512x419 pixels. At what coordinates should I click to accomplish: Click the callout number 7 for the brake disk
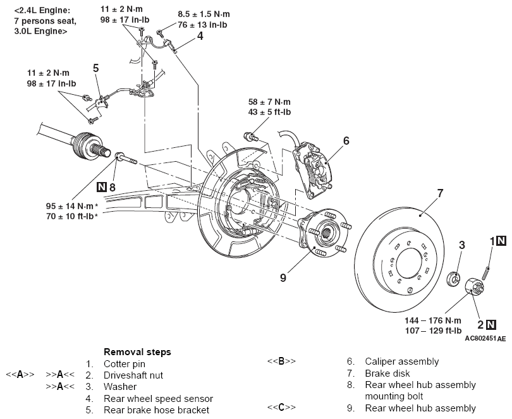point(440,193)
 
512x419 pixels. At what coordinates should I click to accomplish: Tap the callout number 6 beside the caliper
point(346,141)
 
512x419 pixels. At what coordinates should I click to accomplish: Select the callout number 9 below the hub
point(283,277)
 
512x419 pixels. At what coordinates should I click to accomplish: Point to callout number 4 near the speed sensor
point(200,36)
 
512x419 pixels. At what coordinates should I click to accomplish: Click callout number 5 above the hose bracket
point(95,68)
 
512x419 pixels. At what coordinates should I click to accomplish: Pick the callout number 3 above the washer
point(461,245)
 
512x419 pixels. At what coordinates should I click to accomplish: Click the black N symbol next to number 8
point(102,187)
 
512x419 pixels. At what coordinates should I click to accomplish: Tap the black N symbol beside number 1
point(501,241)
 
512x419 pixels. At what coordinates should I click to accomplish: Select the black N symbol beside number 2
point(491,325)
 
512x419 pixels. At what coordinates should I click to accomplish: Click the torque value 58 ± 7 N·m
point(269,102)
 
